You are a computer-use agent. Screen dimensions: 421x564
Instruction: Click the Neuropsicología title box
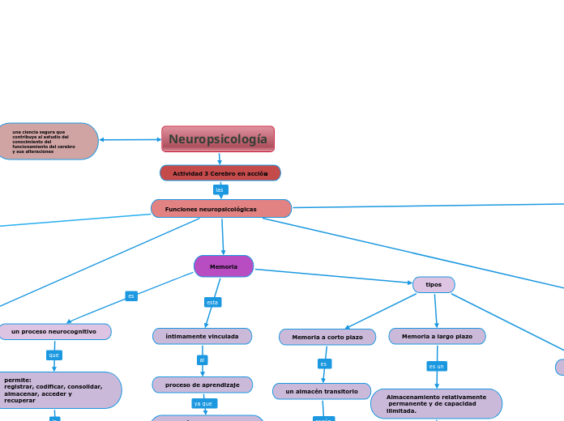218,139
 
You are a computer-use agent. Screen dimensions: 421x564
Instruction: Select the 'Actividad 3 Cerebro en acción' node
220,173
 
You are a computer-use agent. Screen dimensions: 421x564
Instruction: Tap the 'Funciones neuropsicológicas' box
221,209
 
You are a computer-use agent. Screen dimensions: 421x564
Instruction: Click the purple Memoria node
224,266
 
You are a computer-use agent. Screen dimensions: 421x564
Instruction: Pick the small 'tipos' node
434,285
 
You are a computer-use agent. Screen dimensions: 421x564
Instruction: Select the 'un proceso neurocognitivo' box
54,331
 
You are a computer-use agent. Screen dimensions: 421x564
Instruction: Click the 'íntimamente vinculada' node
202,336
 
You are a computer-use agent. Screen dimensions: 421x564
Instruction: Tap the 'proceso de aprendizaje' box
203,385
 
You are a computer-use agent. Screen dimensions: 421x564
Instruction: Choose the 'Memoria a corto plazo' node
327,337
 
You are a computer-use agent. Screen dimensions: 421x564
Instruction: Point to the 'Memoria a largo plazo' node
437,336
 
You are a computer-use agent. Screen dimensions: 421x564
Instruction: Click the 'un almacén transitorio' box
322,391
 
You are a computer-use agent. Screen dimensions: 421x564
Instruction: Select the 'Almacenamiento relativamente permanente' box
436,403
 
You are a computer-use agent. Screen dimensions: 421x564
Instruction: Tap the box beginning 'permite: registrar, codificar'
57,390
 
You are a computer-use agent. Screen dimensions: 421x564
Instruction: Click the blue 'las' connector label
220,190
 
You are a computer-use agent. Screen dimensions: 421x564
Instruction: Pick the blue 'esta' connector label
212,302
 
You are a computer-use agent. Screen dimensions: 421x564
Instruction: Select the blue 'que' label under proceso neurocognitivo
54,355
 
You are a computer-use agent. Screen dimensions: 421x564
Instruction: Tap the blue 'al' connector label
202,360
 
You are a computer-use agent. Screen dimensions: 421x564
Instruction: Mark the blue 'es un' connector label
437,366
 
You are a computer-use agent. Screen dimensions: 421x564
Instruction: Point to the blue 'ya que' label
204,403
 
